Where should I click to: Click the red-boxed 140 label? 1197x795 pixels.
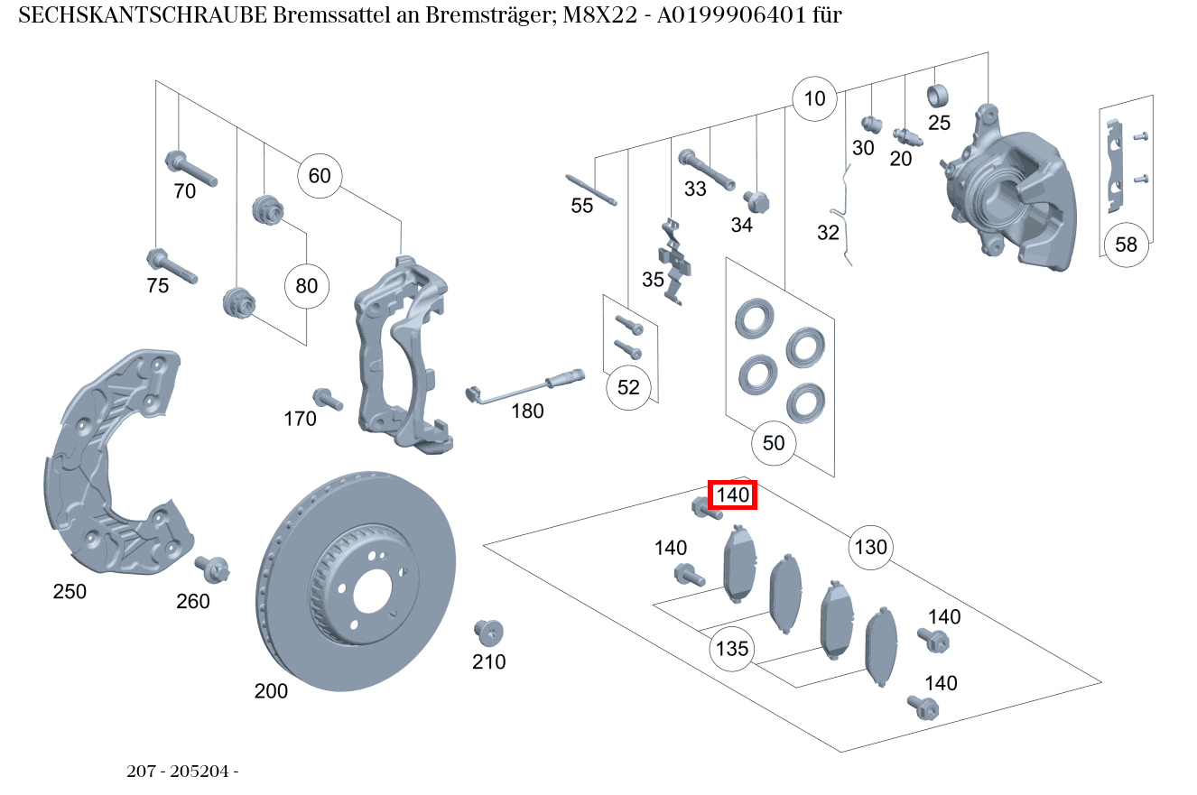click(x=732, y=495)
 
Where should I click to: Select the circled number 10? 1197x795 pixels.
click(x=814, y=98)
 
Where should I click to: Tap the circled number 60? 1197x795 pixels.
click(x=320, y=175)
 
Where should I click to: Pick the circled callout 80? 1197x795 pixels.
click(x=307, y=286)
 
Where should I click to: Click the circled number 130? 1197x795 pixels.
click(x=870, y=547)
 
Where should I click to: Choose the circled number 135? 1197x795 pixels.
click(x=731, y=649)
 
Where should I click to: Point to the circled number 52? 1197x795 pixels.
click(x=628, y=387)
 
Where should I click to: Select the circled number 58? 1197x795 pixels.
click(x=1126, y=245)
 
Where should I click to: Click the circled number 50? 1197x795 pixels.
click(x=774, y=443)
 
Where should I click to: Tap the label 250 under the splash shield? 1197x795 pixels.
click(x=70, y=592)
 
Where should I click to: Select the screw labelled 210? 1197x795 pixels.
click(x=488, y=632)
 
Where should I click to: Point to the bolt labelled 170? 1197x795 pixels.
click(x=326, y=399)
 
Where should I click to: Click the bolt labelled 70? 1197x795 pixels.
click(x=190, y=169)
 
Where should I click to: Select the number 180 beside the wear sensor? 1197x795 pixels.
click(x=527, y=411)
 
